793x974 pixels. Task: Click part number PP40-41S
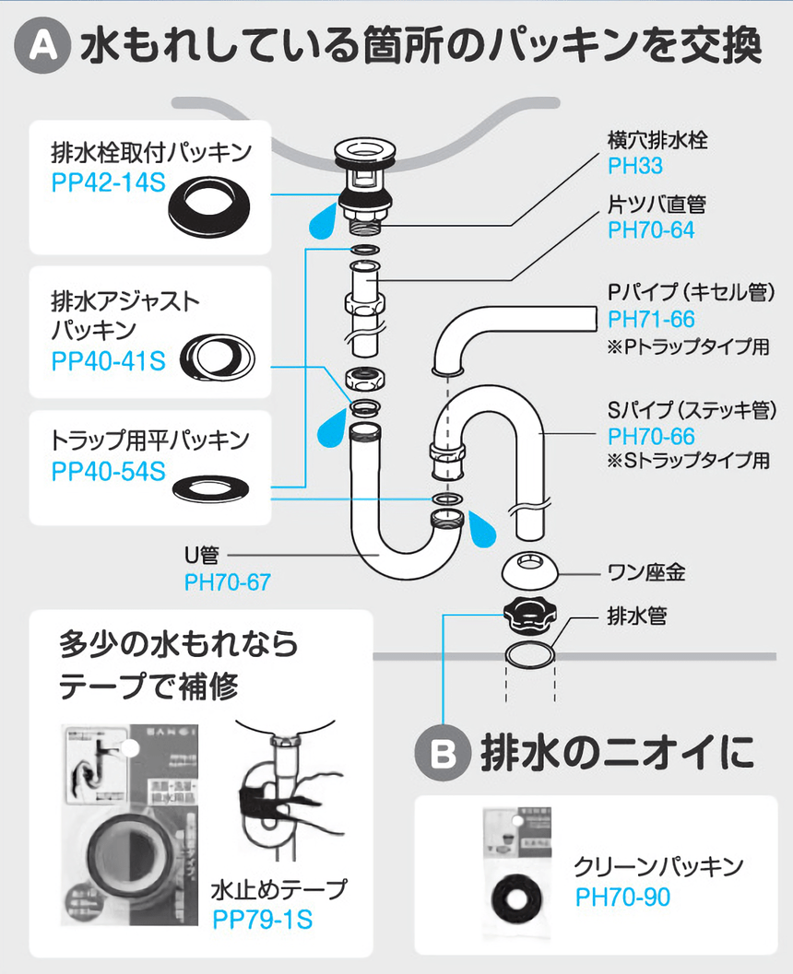tap(108, 360)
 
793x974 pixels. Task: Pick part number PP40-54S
tap(108, 472)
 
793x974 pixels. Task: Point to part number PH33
tap(634, 167)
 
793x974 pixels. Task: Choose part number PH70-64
tap(651, 230)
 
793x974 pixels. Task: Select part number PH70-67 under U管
tap(228, 581)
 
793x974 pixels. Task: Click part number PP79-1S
tap(262, 920)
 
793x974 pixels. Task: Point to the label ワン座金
tap(645, 572)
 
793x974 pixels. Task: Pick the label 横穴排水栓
tap(657, 141)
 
